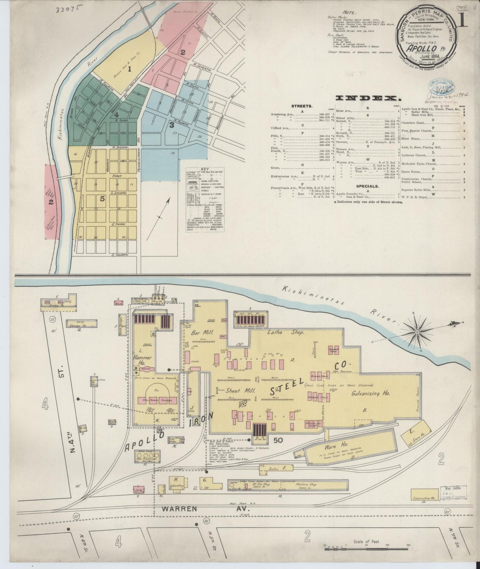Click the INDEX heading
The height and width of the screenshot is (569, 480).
coord(367,98)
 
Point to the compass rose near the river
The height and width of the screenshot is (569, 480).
coord(417,332)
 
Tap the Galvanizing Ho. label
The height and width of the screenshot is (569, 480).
coord(370,393)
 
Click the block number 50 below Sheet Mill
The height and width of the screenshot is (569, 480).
coord(278,440)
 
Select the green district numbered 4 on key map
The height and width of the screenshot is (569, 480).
coord(116,115)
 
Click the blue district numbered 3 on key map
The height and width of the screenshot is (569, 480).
coord(171,125)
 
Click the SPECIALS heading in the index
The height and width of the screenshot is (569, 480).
coord(367,186)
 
